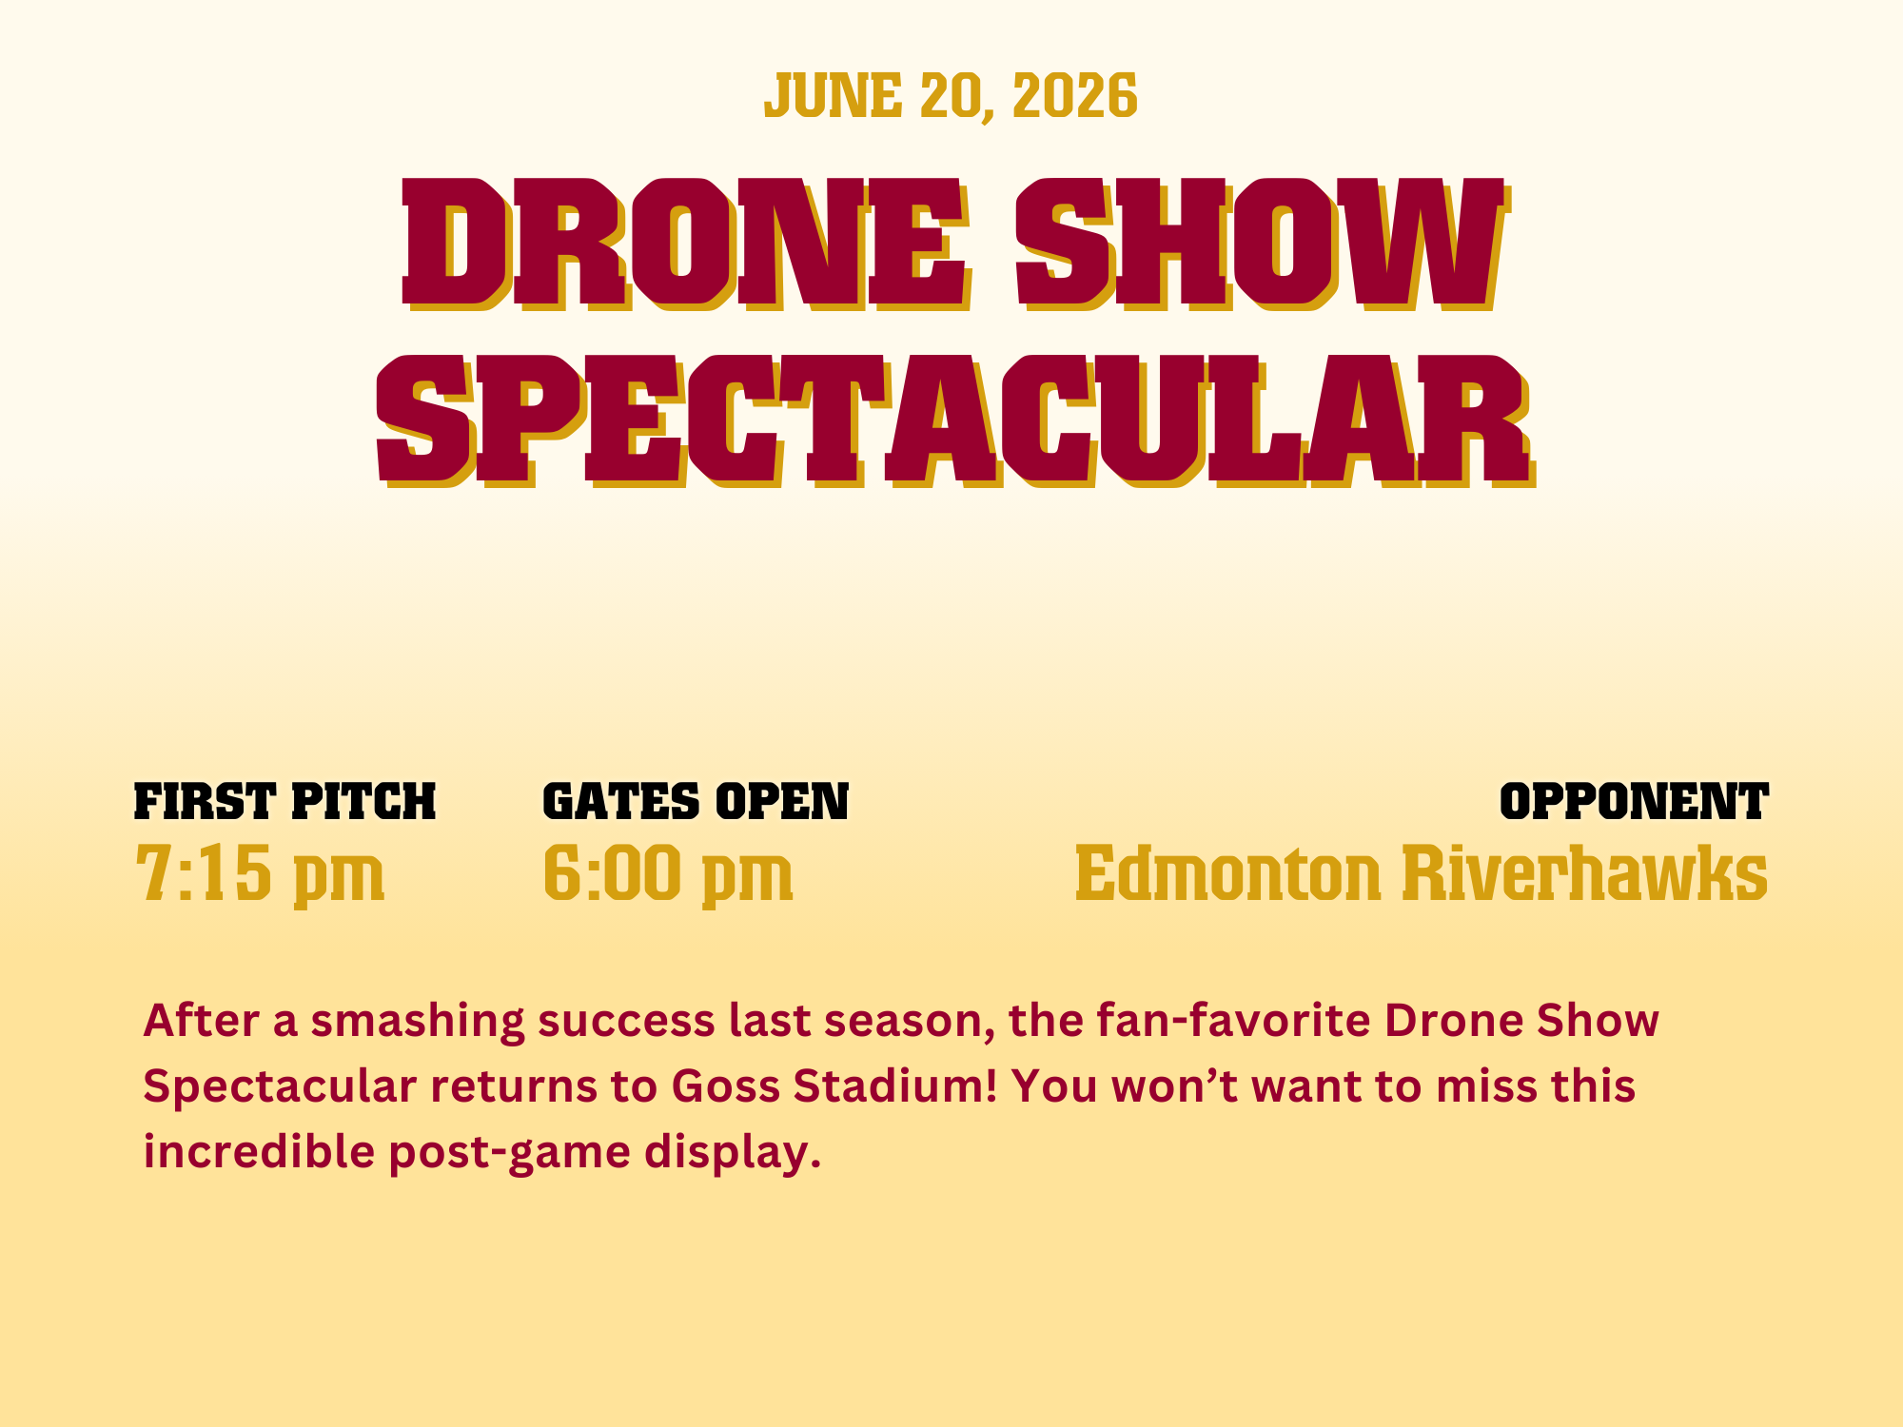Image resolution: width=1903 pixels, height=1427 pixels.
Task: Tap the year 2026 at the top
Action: tap(1075, 96)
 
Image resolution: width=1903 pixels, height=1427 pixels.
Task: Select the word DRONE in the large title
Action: tap(685, 245)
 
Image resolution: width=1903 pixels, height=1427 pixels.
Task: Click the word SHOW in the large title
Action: tap(1262, 245)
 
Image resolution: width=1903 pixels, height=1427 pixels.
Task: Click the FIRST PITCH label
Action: tap(284, 802)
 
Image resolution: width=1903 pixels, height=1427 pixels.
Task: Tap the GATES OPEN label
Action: tap(696, 802)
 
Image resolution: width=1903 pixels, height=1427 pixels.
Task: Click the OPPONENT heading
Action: tap(1634, 802)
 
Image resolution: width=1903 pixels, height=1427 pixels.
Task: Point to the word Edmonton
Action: tap(1227, 872)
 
